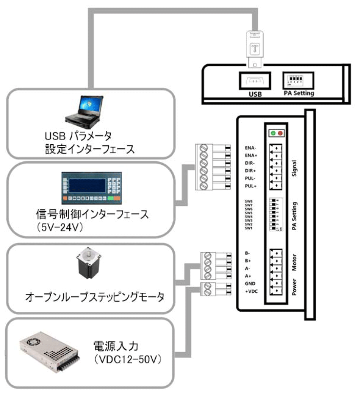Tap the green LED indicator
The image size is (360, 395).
273,133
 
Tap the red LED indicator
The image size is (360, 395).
281,133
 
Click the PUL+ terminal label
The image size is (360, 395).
251,186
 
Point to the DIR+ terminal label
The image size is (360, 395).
251,171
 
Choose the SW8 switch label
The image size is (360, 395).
249,201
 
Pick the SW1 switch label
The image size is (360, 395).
249,228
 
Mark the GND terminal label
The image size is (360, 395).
252,283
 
